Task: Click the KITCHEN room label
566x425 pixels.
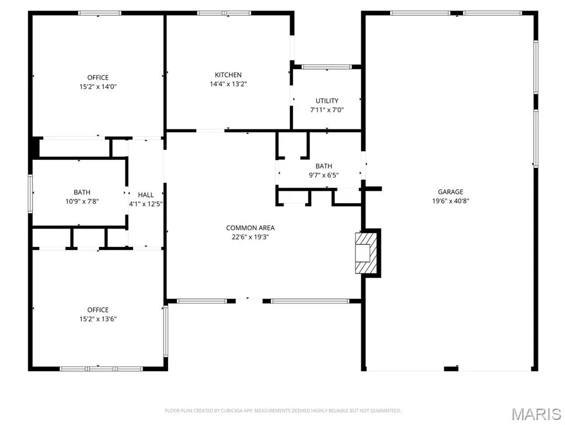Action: pyautogui.click(x=228, y=75)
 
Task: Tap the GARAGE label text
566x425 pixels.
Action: pyautogui.click(x=450, y=192)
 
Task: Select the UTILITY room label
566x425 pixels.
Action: pyautogui.click(x=327, y=101)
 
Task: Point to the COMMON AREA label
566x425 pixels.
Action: pyautogui.click(x=250, y=227)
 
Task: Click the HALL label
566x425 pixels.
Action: pyautogui.click(x=146, y=195)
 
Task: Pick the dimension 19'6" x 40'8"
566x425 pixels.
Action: pyautogui.click(x=450, y=201)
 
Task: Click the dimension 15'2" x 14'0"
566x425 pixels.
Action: pyautogui.click(x=98, y=87)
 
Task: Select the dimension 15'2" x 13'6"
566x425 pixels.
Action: pyautogui.click(x=98, y=319)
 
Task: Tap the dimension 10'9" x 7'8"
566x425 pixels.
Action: pyautogui.click(x=82, y=201)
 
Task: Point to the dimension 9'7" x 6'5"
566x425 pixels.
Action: pyautogui.click(x=324, y=175)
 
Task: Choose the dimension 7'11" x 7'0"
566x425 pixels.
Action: pyautogui.click(x=327, y=110)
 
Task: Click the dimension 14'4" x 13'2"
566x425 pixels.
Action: pyautogui.click(x=228, y=84)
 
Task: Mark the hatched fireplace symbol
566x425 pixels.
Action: pyautogui.click(x=366, y=253)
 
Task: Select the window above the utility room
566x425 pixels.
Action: pyautogui.click(x=326, y=66)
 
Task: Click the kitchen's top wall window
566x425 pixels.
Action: pyautogui.click(x=224, y=13)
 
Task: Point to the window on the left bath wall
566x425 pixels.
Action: pyautogui.click(x=30, y=194)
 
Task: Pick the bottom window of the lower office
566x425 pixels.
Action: pyautogui.click(x=101, y=369)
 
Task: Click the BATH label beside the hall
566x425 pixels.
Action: pyautogui.click(x=82, y=192)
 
